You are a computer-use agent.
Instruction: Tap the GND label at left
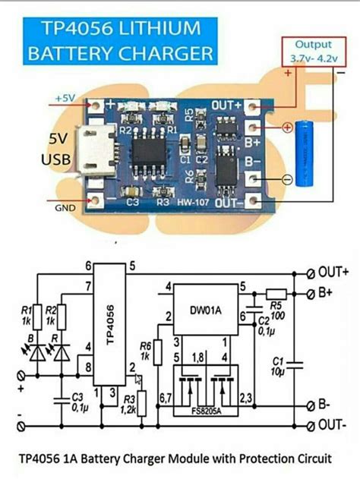point(64,207)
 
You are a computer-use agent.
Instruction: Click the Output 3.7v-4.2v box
point(312,51)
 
